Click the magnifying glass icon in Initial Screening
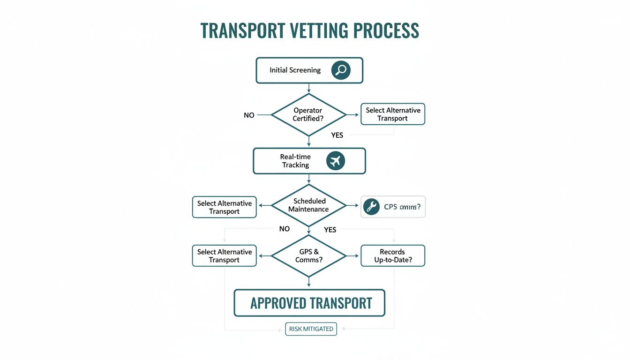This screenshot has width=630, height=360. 341,70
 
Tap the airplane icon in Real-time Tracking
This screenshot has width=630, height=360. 335,161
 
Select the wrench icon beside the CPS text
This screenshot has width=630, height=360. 371,207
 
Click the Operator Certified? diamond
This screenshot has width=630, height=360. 308,115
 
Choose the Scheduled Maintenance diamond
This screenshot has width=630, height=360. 308,205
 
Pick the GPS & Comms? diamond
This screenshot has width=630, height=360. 308,255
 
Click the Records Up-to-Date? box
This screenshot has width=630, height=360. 393,255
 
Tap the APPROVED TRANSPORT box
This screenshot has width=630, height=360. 309,303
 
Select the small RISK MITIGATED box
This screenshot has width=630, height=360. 311,329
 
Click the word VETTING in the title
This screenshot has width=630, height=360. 319,30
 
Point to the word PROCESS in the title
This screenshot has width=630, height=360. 386,30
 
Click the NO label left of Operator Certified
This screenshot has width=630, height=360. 249,115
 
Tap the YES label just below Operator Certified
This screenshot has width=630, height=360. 337,135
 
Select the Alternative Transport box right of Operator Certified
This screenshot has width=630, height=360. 393,114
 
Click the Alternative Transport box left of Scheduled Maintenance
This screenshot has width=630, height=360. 224,207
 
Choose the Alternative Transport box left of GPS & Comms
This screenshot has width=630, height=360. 224,255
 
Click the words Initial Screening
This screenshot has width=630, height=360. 295,70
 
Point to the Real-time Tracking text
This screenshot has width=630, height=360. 295,161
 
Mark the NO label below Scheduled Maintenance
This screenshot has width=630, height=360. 284,229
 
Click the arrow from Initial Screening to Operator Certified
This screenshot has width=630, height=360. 308,89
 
